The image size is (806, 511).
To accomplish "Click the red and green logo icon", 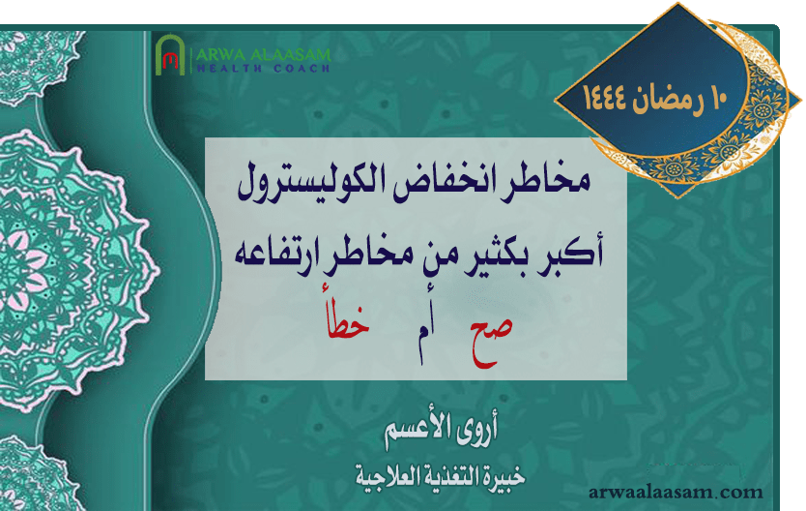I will coord(170,58).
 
